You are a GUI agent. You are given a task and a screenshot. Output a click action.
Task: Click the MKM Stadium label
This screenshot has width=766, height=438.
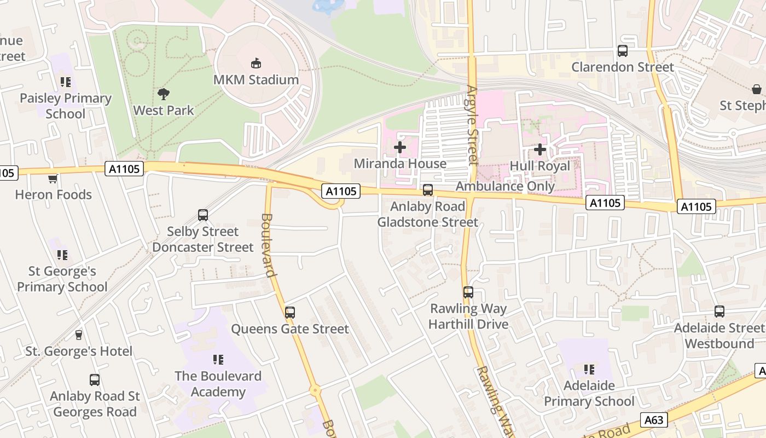[256, 80]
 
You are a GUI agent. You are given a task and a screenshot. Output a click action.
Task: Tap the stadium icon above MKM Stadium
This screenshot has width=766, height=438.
[256, 64]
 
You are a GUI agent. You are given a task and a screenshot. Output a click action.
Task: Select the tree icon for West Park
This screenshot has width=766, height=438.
[163, 94]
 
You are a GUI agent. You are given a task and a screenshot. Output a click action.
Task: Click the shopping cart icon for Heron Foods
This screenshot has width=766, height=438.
[53, 178]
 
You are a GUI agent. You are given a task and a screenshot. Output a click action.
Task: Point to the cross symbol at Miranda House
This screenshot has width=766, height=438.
[400, 147]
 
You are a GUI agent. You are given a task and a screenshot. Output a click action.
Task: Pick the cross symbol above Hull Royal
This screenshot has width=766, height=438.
[540, 149]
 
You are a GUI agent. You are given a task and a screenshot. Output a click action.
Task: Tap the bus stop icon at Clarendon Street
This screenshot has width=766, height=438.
[623, 51]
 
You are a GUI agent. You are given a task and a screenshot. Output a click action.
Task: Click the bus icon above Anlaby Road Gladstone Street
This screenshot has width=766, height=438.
[428, 190]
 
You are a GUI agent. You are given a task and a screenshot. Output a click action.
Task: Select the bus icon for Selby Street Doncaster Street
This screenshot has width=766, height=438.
[203, 215]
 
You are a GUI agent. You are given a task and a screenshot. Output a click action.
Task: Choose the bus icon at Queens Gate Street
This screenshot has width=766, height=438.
[290, 313]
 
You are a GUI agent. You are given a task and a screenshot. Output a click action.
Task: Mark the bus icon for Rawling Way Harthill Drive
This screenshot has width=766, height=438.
[468, 292]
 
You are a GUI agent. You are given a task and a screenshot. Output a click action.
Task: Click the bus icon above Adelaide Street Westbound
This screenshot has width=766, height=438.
[719, 312]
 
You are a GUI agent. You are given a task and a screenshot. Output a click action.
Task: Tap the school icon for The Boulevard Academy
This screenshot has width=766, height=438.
[218, 360]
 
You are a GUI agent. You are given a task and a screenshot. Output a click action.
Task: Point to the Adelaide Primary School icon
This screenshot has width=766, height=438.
[589, 370]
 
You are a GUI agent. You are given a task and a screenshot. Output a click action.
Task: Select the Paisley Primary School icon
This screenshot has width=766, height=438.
[66, 82]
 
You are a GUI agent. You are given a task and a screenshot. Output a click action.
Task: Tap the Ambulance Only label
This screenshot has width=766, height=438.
[505, 186]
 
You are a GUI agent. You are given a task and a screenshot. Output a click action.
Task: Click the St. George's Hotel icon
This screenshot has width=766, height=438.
[79, 335]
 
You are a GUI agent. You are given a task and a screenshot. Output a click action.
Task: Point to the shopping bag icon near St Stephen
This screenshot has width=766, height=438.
[757, 89]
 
